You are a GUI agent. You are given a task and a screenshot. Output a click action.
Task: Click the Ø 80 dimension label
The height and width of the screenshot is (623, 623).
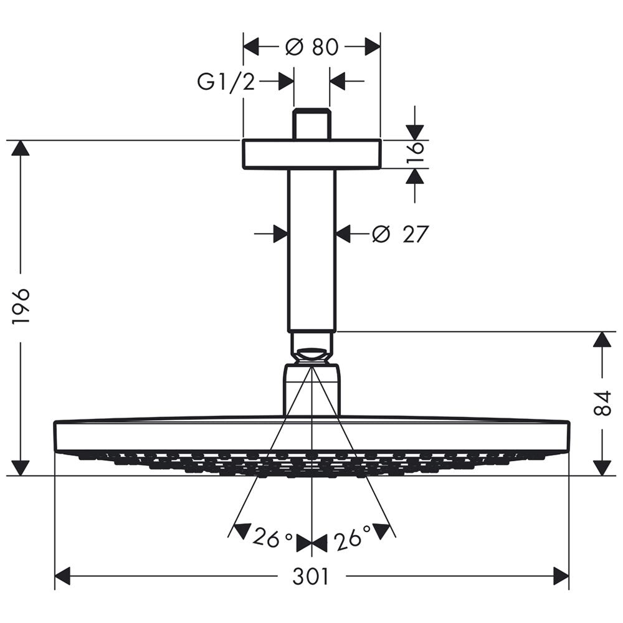click(312, 47)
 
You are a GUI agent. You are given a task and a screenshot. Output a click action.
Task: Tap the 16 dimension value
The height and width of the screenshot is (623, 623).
click(416, 153)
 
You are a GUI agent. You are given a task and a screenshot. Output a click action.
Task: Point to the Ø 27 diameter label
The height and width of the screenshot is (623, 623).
click(401, 234)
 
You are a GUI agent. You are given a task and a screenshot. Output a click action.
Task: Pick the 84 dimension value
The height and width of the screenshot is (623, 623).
click(602, 403)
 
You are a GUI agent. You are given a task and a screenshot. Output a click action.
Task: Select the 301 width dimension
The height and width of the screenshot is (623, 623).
click(311, 576)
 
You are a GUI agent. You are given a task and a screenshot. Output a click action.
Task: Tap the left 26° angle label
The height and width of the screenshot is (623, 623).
click(273, 538)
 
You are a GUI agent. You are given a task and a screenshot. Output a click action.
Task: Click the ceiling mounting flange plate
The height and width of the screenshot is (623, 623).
click(312, 155)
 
